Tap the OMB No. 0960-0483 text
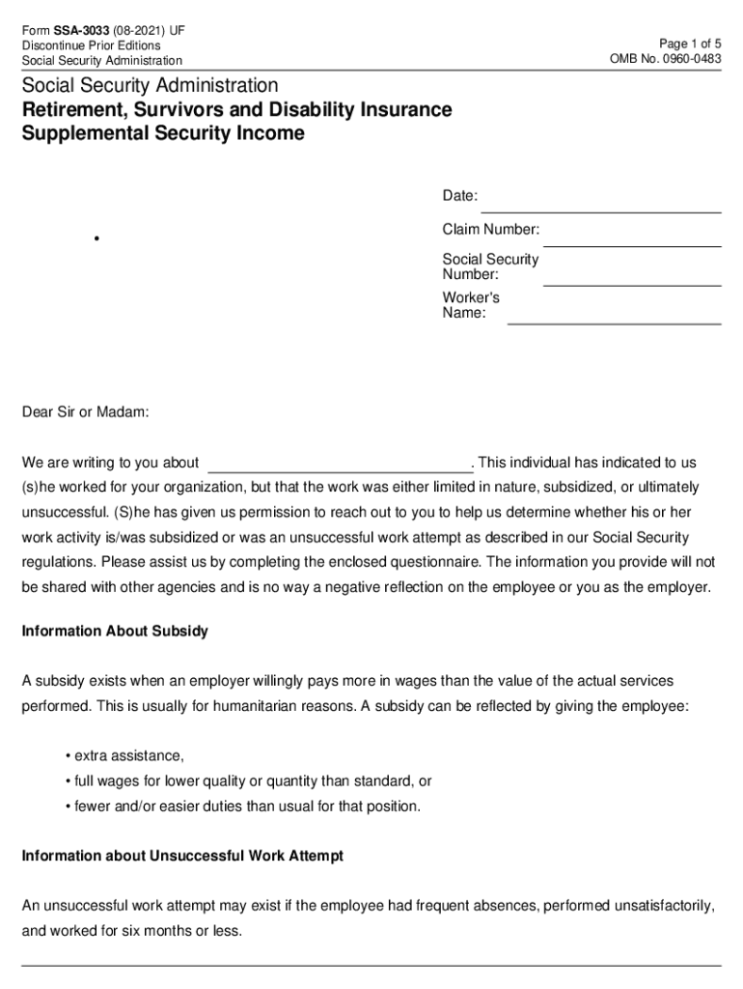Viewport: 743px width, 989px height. click(665, 60)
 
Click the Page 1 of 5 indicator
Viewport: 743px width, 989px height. click(689, 44)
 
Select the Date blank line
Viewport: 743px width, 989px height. click(600, 203)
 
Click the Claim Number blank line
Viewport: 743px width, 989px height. click(633, 238)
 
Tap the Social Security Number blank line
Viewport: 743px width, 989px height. click(632, 277)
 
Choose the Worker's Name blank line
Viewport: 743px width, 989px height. click(614, 315)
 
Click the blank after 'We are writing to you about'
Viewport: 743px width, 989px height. click(339, 464)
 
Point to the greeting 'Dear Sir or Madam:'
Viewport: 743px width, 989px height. click(86, 413)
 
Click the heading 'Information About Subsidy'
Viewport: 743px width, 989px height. click(115, 632)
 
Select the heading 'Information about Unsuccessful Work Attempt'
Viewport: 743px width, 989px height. click(182, 857)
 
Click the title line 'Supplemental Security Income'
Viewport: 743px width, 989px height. click(163, 134)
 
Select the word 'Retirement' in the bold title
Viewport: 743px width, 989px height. click(73, 110)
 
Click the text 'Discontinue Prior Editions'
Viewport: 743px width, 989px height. click(91, 45)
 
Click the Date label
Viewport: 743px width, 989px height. click(459, 196)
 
